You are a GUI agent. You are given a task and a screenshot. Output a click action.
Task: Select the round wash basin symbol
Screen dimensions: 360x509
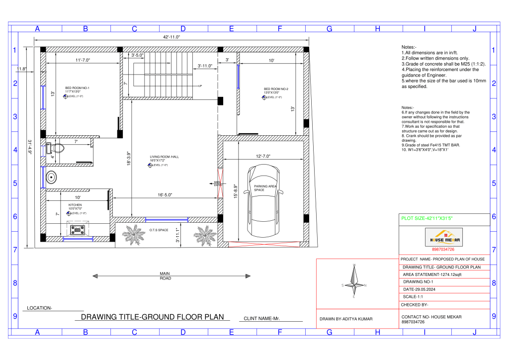[x=51, y=178]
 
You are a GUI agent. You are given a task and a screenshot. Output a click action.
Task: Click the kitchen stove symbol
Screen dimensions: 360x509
[x=77, y=230]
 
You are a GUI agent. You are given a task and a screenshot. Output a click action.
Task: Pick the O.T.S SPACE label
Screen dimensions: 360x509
[x=159, y=230]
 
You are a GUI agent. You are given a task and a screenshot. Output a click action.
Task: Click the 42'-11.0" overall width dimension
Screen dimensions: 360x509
[x=171, y=37]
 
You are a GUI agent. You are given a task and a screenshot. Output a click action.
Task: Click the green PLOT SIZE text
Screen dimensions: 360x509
[x=427, y=218]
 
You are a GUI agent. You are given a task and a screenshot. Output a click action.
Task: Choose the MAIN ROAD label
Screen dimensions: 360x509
[x=165, y=276]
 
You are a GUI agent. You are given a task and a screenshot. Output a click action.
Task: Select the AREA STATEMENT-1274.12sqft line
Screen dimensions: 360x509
[x=432, y=274]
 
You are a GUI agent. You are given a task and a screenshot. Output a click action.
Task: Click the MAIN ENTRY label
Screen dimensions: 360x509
[x=217, y=183]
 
